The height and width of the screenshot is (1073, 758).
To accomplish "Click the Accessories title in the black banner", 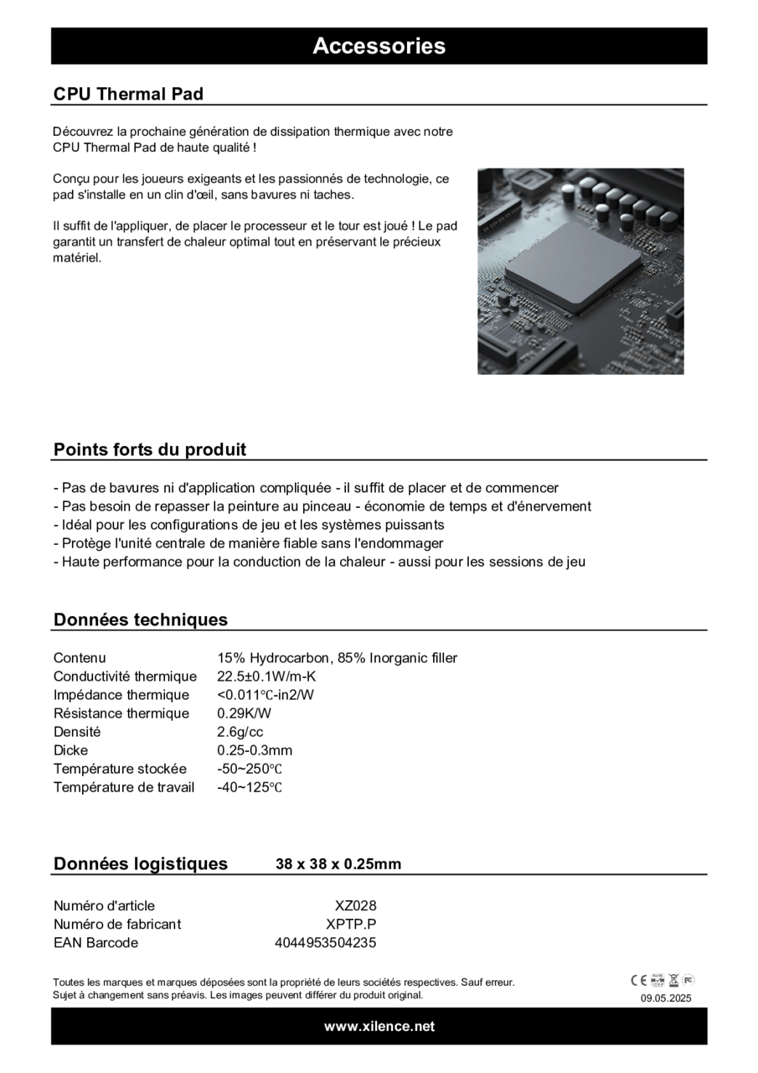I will pyautogui.click(x=379, y=46).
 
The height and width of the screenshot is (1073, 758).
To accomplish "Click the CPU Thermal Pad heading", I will pyautogui.click(x=128, y=94).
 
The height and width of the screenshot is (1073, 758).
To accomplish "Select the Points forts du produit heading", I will pyautogui.click(x=150, y=449).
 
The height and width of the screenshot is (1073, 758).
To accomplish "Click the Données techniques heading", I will pyautogui.click(x=141, y=619).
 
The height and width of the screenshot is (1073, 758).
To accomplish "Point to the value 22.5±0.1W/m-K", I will pyautogui.click(x=266, y=676).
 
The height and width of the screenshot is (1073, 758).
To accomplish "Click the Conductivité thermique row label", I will pyautogui.click(x=125, y=676).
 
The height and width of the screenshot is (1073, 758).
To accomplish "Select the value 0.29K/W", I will pyautogui.click(x=244, y=713).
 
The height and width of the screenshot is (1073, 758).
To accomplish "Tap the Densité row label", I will pyautogui.click(x=77, y=732).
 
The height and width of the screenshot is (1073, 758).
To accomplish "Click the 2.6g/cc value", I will pyautogui.click(x=240, y=732).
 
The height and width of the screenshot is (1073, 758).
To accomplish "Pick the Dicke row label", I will pyautogui.click(x=70, y=750).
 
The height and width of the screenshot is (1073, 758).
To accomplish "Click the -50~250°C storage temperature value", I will pyautogui.click(x=250, y=769).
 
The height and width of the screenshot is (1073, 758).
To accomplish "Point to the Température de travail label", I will pyautogui.click(x=124, y=787).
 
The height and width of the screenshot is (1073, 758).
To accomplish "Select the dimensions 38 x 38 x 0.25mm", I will pyautogui.click(x=338, y=864).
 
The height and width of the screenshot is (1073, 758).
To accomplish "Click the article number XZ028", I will pyautogui.click(x=356, y=905).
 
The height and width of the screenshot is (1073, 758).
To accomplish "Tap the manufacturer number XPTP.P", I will pyautogui.click(x=351, y=924).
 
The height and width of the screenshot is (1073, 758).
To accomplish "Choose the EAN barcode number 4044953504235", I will pyautogui.click(x=326, y=942).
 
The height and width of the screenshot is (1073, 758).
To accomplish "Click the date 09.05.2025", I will pyautogui.click(x=667, y=998).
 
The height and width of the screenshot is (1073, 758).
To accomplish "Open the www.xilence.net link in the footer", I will pyautogui.click(x=379, y=1026).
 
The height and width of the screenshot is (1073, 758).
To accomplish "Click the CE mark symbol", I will pyautogui.click(x=638, y=980).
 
